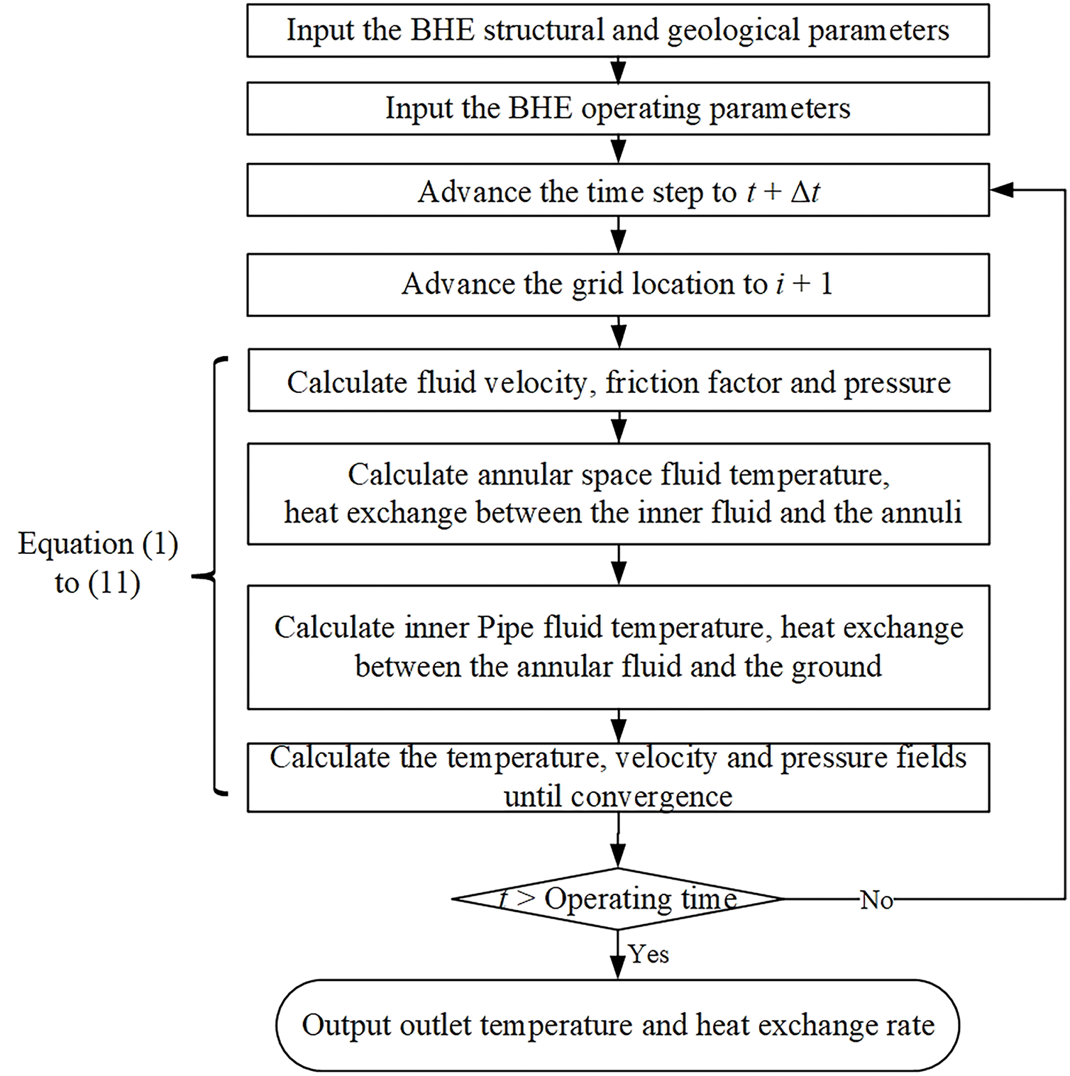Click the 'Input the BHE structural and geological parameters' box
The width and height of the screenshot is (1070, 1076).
[x=618, y=30]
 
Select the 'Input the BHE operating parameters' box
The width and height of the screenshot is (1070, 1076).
[x=618, y=109]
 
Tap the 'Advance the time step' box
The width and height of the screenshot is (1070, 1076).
[x=618, y=190]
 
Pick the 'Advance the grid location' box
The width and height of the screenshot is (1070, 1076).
[x=618, y=284]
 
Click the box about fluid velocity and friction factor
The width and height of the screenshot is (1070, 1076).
[x=619, y=380]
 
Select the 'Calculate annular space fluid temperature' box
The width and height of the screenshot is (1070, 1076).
[x=618, y=494]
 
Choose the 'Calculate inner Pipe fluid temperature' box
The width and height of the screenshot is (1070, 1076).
[x=618, y=647]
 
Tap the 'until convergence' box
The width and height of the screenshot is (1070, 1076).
[x=618, y=777]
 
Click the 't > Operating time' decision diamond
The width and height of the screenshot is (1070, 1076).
[x=618, y=899]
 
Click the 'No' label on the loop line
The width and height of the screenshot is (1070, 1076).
[x=876, y=900]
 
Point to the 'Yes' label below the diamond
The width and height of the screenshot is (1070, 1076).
[x=649, y=954]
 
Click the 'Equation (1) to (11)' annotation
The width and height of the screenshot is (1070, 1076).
[x=98, y=563]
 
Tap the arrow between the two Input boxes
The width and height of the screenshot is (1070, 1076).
[x=619, y=70]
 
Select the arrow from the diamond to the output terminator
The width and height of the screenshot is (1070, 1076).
[x=619, y=955]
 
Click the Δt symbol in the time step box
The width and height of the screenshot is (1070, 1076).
[x=805, y=192]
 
